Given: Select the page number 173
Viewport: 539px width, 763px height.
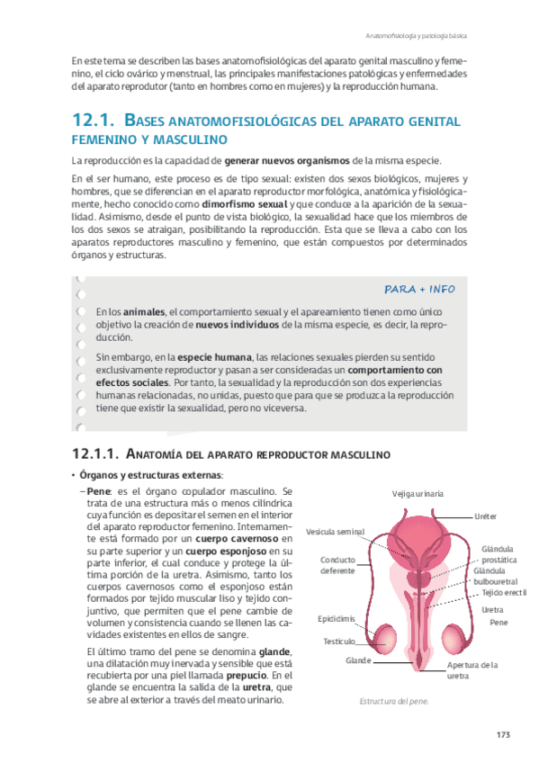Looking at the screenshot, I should click(503, 736).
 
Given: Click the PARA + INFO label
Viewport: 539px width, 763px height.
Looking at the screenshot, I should click(419, 289).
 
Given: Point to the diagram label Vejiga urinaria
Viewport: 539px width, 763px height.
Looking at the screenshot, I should click(418, 493).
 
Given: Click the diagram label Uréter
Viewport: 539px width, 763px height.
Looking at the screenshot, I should click(486, 516).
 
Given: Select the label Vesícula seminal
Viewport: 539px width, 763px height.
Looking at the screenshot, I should click(335, 531).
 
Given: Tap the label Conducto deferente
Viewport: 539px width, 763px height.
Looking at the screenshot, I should click(338, 565).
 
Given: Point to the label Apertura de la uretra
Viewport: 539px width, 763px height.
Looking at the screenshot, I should click(472, 669).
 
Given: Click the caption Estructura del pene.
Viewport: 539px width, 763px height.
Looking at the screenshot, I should click(393, 701).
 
